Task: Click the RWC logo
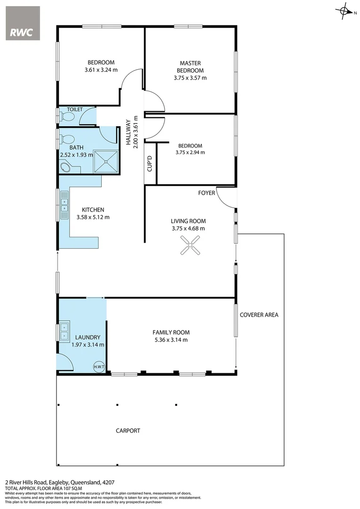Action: click(x=23, y=23)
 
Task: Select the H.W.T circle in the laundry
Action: click(x=98, y=367)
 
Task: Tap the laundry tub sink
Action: click(x=64, y=331)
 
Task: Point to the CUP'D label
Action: click(x=149, y=164)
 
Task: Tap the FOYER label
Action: click(x=206, y=193)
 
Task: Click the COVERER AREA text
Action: click(x=259, y=315)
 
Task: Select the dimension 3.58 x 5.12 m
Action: click(x=93, y=217)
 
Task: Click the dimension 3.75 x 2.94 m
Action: click(x=190, y=152)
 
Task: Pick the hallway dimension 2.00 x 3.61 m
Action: click(x=135, y=132)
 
